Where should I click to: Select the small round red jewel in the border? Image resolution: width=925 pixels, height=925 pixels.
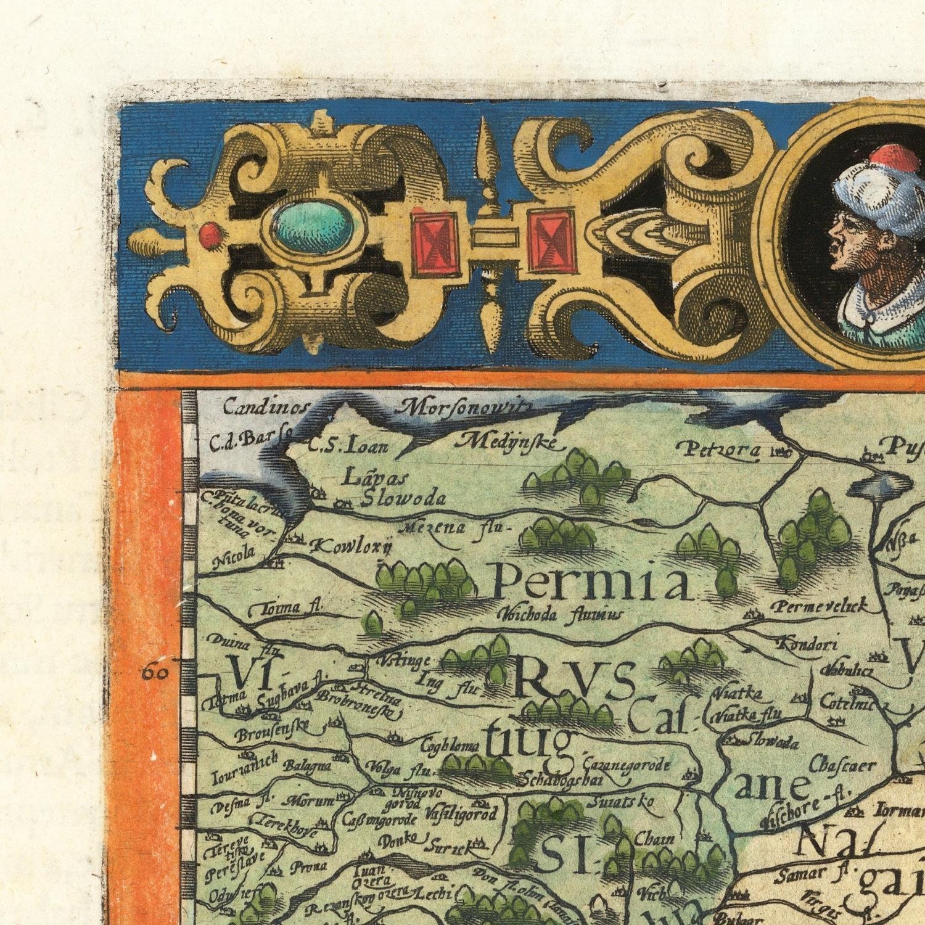[x=209, y=234]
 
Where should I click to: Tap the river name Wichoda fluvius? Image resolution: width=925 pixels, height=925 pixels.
[x=559, y=614]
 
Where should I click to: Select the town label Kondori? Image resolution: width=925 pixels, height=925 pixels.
[x=807, y=644]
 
